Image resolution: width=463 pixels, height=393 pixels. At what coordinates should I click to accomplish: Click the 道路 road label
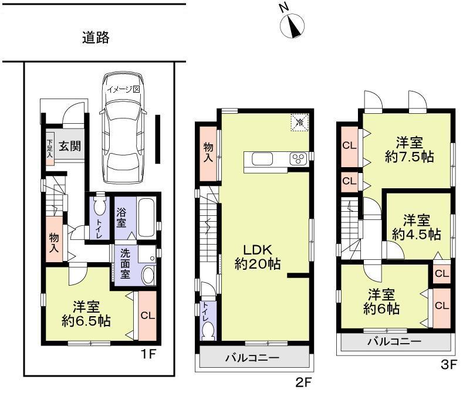[95, 39]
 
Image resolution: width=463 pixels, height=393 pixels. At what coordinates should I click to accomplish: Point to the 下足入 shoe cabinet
[50, 149]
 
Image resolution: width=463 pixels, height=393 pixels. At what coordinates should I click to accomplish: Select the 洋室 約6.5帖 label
[87, 314]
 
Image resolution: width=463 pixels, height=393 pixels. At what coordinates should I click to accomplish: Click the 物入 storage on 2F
[208, 153]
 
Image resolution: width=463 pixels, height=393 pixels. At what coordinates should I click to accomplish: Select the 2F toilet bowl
[208, 331]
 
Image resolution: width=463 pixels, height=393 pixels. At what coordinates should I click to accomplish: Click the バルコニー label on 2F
[253, 357]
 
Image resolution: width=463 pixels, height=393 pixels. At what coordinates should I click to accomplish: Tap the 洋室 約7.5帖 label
[409, 150]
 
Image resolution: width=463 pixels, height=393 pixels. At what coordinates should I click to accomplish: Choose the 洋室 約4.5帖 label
[417, 228]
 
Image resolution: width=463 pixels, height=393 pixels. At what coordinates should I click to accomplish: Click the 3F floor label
[448, 364]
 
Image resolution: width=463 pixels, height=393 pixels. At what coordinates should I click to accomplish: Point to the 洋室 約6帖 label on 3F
[381, 301]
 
